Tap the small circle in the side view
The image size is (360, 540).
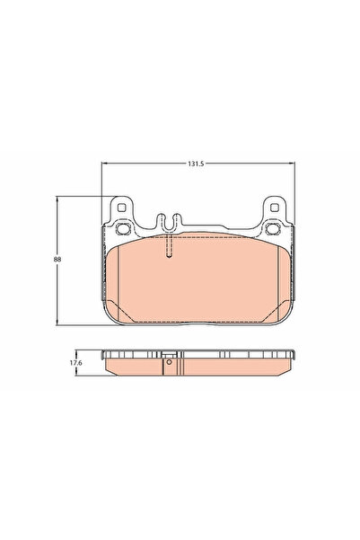coord(168,364)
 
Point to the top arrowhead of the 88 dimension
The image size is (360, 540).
coord(60,199)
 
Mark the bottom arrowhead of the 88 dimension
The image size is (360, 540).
coord(60,324)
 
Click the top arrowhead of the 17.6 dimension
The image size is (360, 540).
coord(82,351)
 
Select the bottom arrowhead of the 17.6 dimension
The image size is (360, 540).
coord(82,374)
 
